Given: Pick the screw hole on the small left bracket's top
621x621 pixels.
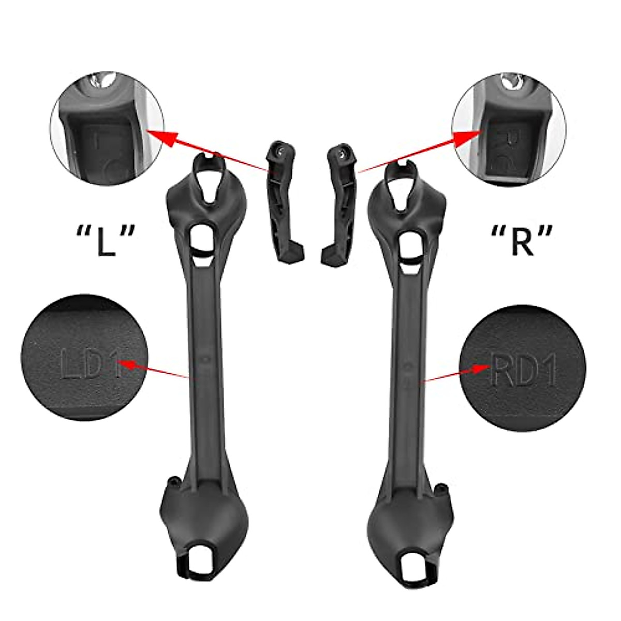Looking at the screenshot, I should [280, 150].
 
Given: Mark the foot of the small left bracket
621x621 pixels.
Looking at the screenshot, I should [294, 255].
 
